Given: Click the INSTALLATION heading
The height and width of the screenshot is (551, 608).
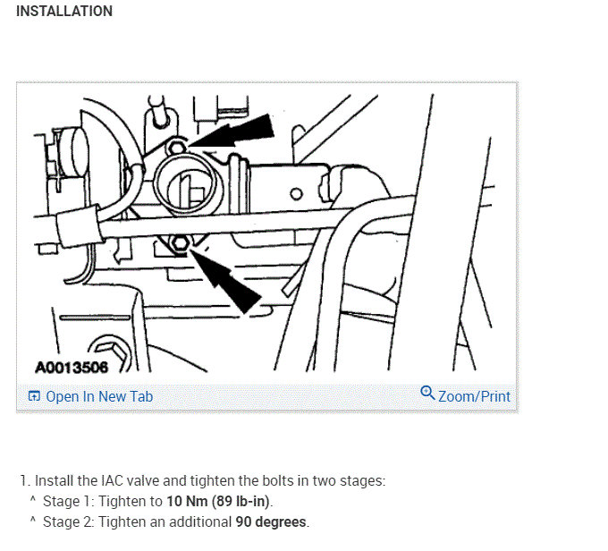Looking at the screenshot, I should tap(64, 12).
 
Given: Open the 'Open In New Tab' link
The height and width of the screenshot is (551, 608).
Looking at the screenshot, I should tap(99, 396).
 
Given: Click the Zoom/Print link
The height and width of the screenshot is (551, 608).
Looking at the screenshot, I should tap(474, 395).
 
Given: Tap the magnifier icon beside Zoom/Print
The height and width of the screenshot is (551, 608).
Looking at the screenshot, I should tap(426, 394).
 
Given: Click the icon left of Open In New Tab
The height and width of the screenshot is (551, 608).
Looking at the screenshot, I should tap(34, 396).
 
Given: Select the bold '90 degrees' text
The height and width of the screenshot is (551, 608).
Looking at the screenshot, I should tap(271, 521).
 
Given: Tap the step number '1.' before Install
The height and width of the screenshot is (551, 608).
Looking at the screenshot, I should tap(24, 480).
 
